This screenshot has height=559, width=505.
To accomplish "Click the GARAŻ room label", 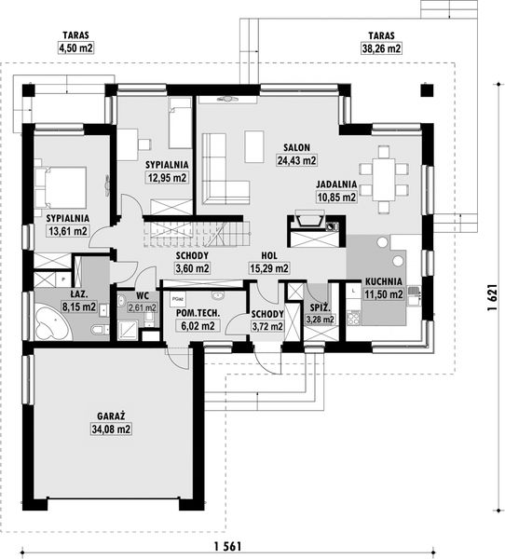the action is [x=111, y=416].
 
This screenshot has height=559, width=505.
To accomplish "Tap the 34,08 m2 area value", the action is [x=111, y=429].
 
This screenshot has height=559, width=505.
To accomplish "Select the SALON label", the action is [x=296, y=147].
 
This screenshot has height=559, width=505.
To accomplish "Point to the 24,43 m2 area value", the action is [x=296, y=160].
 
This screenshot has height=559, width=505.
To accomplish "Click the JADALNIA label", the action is [x=336, y=184].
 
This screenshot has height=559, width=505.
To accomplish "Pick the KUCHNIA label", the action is [x=383, y=281].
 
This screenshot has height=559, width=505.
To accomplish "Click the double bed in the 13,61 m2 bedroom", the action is [x=61, y=187].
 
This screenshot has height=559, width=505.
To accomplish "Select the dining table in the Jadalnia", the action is [x=384, y=179].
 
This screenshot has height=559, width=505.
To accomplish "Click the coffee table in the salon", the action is [x=254, y=146].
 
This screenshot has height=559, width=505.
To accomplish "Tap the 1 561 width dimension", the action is [x=227, y=546].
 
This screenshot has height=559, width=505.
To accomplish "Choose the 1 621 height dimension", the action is [x=492, y=298].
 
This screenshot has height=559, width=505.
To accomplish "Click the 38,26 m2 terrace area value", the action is [x=382, y=48].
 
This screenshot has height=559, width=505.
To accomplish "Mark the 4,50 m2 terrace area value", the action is [x=75, y=48].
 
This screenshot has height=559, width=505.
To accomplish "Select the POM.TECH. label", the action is [x=198, y=313].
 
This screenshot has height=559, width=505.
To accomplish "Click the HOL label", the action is [x=269, y=255].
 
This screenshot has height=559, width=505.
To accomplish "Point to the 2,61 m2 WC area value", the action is [x=142, y=307].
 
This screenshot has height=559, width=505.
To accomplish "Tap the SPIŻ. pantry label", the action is [x=321, y=307].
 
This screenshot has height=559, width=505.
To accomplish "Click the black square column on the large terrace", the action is [x=427, y=89].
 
